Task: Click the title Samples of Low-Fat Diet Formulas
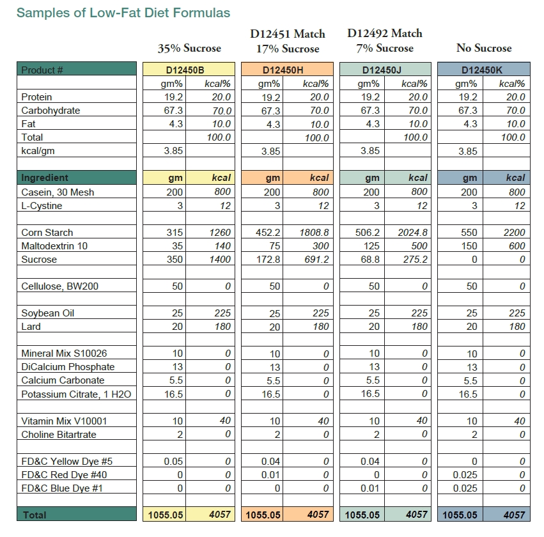pos(123,13)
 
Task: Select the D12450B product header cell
pos(189,70)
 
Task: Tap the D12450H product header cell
pos(287,70)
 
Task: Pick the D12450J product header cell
pos(385,70)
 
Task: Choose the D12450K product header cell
pos(484,70)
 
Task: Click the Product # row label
pos(42,70)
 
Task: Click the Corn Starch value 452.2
pos(268,233)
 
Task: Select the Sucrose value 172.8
pos(268,260)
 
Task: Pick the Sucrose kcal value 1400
pos(220,260)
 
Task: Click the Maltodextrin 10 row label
pos(54,246)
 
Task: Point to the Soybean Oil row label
pos(47,313)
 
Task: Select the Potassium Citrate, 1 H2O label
pos(76,394)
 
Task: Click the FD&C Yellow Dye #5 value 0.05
pos(173,462)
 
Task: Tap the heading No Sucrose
pos(484,48)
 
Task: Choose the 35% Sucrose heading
pos(189,48)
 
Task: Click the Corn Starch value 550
pos(469,233)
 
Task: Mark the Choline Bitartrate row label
pos(59,435)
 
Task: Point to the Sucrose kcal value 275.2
pos(415,260)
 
